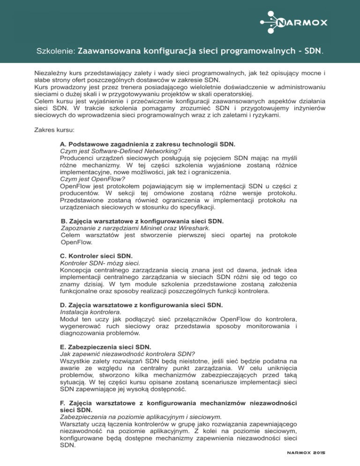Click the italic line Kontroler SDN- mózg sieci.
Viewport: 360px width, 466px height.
pyautogui.click(x=100, y=264)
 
